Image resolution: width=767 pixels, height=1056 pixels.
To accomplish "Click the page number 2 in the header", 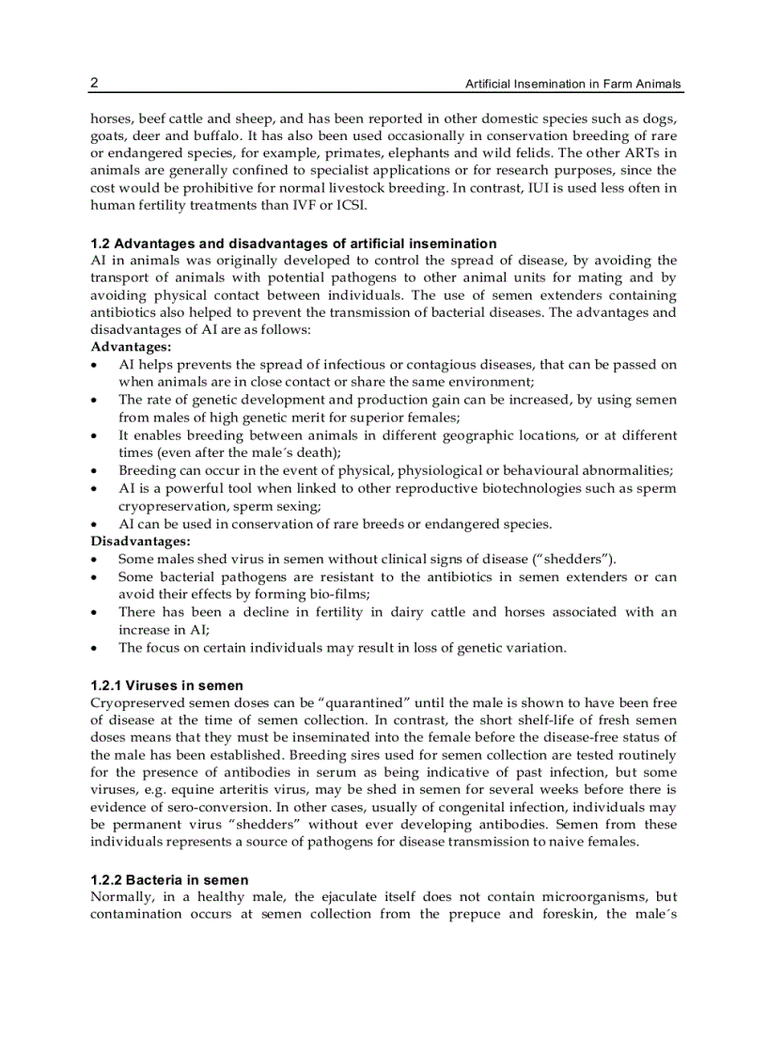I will [94, 83].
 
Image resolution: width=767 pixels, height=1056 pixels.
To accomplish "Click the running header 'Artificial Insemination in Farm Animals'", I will [573, 85].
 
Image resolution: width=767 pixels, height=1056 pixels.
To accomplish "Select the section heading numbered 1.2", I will [293, 244].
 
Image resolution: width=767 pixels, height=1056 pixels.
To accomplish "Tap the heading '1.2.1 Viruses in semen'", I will [167, 686].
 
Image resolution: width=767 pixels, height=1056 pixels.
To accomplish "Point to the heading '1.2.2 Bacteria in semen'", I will [169, 880].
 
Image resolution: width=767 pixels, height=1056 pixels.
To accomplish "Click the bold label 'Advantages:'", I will [124, 347].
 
